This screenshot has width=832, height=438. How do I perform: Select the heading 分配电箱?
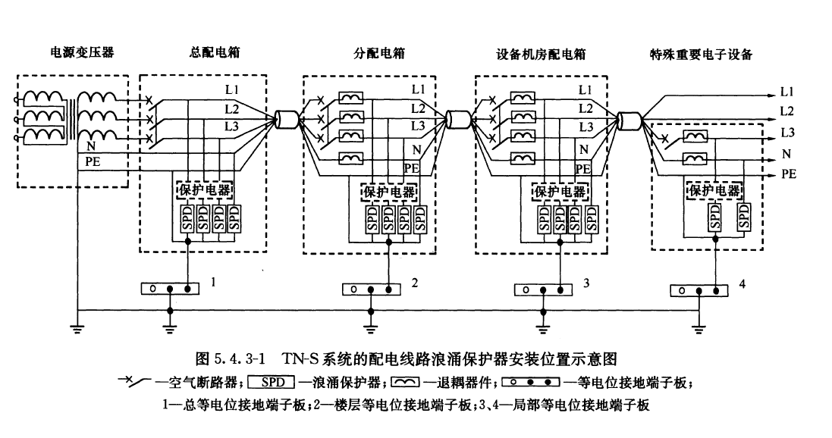tap(378, 53)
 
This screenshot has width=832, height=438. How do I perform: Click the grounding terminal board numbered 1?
tap(170, 289)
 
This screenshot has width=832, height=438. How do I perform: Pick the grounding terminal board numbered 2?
tap(372, 289)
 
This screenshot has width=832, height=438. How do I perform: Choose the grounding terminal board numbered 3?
tap(543, 289)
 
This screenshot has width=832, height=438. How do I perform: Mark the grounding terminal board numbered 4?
tap(699, 289)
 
